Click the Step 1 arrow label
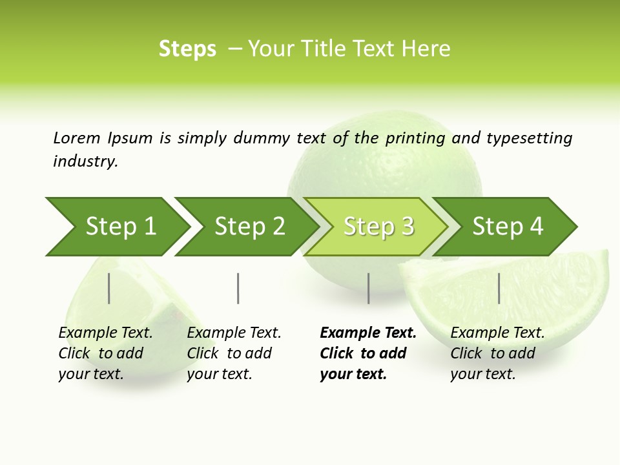coord(121,227)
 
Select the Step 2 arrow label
coord(250,227)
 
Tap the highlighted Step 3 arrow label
coord(378,227)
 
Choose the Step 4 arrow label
coord(508,227)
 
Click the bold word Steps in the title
coord(187,49)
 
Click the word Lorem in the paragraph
coord(76,138)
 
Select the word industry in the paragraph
coord(85,161)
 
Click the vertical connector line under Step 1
coord(109,288)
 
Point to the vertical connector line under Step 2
coord(238,288)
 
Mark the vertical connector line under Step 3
coord(369,288)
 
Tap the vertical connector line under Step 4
coord(499,288)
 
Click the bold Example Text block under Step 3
coord(367,353)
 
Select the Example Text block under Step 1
coord(105,353)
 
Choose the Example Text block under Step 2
coord(234,353)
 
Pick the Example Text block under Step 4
coord(497,353)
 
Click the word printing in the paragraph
coord(415,138)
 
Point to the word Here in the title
coord(426,49)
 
